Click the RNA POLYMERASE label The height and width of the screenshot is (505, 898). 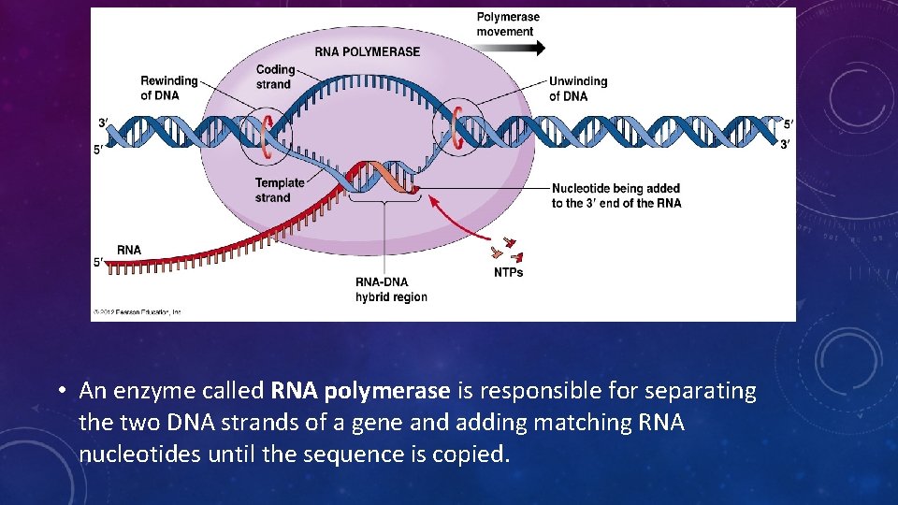(368, 51)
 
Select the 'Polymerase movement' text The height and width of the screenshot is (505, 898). (508, 24)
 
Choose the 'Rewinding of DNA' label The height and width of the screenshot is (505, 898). (169, 88)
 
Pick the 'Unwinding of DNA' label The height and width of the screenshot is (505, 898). (577, 89)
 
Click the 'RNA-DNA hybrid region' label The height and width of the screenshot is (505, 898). (391, 290)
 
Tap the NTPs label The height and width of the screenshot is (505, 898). (508, 272)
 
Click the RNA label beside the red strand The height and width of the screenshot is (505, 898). (129, 250)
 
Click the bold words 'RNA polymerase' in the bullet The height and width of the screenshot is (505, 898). (361, 391)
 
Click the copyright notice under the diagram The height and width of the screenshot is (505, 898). (137, 311)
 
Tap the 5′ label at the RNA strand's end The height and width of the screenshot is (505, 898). (98, 263)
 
